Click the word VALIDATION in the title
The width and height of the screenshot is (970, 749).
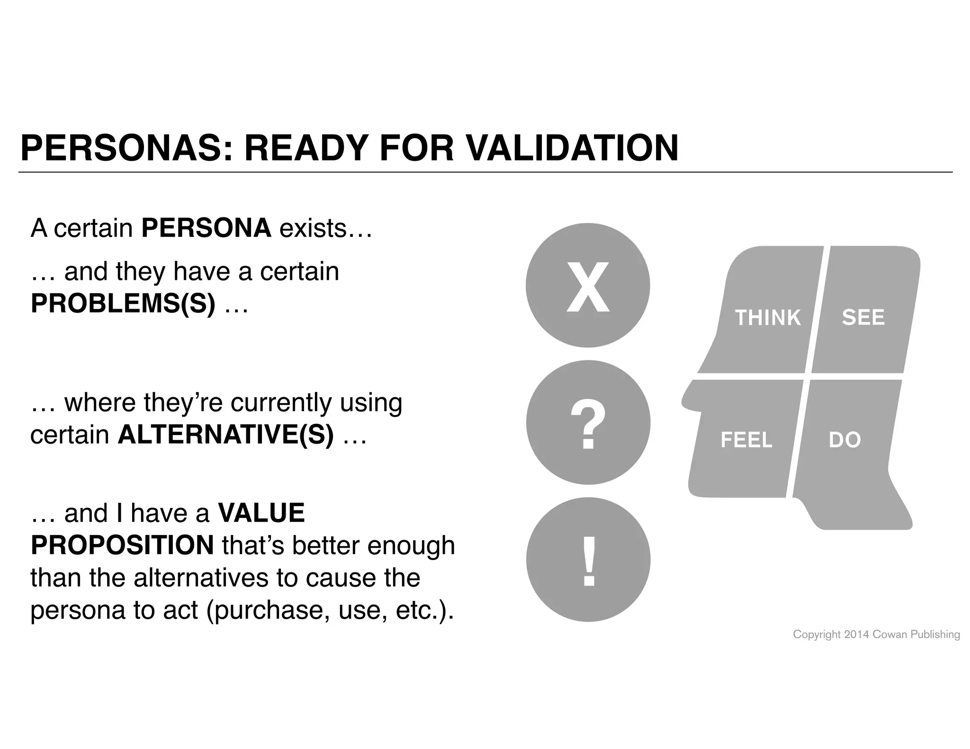pyautogui.click(x=572, y=148)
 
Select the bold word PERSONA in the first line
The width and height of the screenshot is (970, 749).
pyautogui.click(x=207, y=228)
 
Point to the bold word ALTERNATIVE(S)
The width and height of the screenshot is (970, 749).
pyautogui.click(x=226, y=434)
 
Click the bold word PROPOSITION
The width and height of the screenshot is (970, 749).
pyautogui.click(x=122, y=545)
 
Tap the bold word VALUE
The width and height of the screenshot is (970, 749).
pyautogui.click(x=261, y=513)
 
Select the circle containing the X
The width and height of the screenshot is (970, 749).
pyautogui.click(x=588, y=285)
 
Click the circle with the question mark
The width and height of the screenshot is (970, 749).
pyautogui.click(x=588, y=422)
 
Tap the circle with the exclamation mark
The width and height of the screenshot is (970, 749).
pyautogui.click(x=588, y=559)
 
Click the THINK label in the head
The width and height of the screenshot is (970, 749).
pyautogui.click(x=768, y=317)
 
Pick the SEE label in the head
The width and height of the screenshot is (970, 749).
pyautogui.click(x=863, y=317)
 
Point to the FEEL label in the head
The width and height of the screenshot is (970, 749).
pyautogui.click(x=746, y=440)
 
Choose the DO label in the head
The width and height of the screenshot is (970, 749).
pyautogui.click(x=845, y=440)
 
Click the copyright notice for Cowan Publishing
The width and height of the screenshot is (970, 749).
pyautogui.click(x=876, y=634)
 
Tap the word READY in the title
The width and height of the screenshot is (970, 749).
pyautogui.click(x=306, y=148)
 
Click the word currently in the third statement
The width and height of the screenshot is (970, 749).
pyautogui.click(x=281, y=402)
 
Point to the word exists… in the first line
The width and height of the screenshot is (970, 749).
pyautogui.click(x=326, y=228)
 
